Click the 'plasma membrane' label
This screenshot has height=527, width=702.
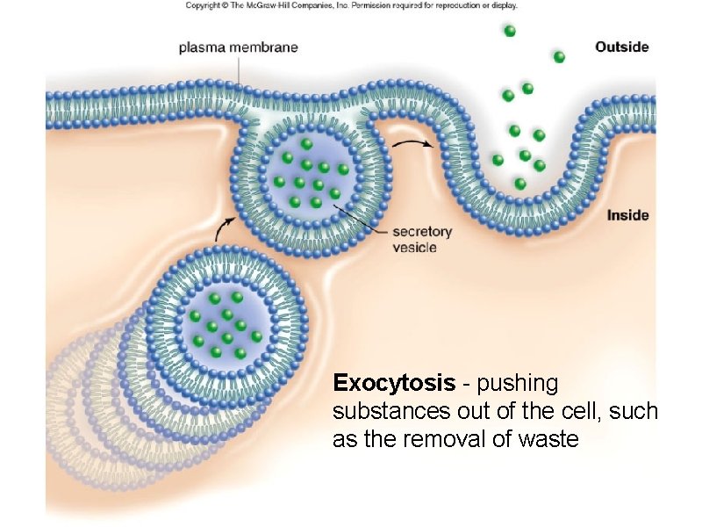[x=238, y=47]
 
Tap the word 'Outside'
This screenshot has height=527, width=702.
[x=621, y=47]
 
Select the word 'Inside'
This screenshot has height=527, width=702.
[x=627, y=215]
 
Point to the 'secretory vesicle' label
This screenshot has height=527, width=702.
[x=421, y=240]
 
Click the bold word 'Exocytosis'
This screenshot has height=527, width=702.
[x=394, y=384]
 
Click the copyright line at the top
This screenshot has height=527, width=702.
[x=351, y=5]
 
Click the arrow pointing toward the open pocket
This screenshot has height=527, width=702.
[x=412, y=143]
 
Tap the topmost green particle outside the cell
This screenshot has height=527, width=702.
[x=510, y=31]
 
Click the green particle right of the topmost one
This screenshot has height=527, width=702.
[x=559, y=57]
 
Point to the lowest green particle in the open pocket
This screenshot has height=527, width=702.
[x=520, y=184]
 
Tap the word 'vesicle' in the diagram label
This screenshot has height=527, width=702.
[x=415, y=248]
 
